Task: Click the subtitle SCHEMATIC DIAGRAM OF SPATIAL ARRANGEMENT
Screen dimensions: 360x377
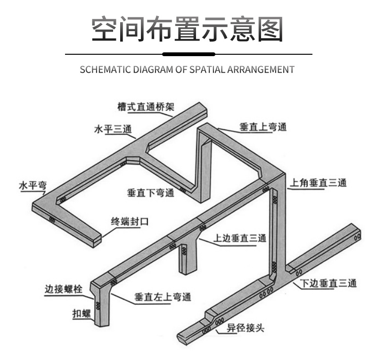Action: (188, 70)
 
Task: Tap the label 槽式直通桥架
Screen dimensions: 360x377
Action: (145, 107)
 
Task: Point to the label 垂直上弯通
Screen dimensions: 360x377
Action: (263, 127)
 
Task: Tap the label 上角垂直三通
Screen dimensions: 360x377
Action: (319, 183)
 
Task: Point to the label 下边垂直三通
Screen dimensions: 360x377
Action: (329, 283)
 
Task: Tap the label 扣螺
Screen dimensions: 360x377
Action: (81, 313)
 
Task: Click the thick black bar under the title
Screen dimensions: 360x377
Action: (188, 54)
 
